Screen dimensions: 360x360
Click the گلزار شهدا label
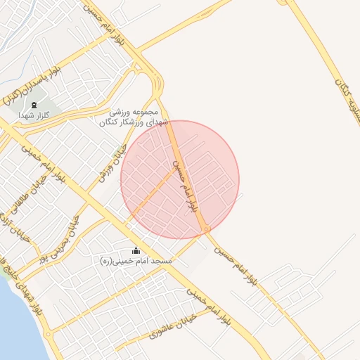click(x=36, y=117)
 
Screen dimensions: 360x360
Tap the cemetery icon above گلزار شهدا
click(x=37, y=105)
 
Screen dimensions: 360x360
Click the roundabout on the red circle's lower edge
click(x=205, y=229)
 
